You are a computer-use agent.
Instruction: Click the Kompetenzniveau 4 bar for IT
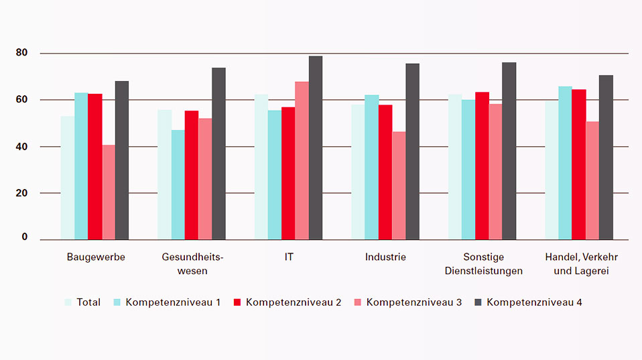316,147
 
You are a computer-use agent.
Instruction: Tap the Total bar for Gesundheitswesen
164,174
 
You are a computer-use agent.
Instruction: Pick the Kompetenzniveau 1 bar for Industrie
372,168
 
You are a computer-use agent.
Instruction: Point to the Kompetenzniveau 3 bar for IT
302,161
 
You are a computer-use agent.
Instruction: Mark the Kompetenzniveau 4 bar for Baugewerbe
122,160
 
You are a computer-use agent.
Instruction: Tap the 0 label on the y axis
25,237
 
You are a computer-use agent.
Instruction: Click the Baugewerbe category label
96,257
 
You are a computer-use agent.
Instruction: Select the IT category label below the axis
289,257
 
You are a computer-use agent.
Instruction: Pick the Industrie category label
385,257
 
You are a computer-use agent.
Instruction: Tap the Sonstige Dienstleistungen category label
483,264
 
